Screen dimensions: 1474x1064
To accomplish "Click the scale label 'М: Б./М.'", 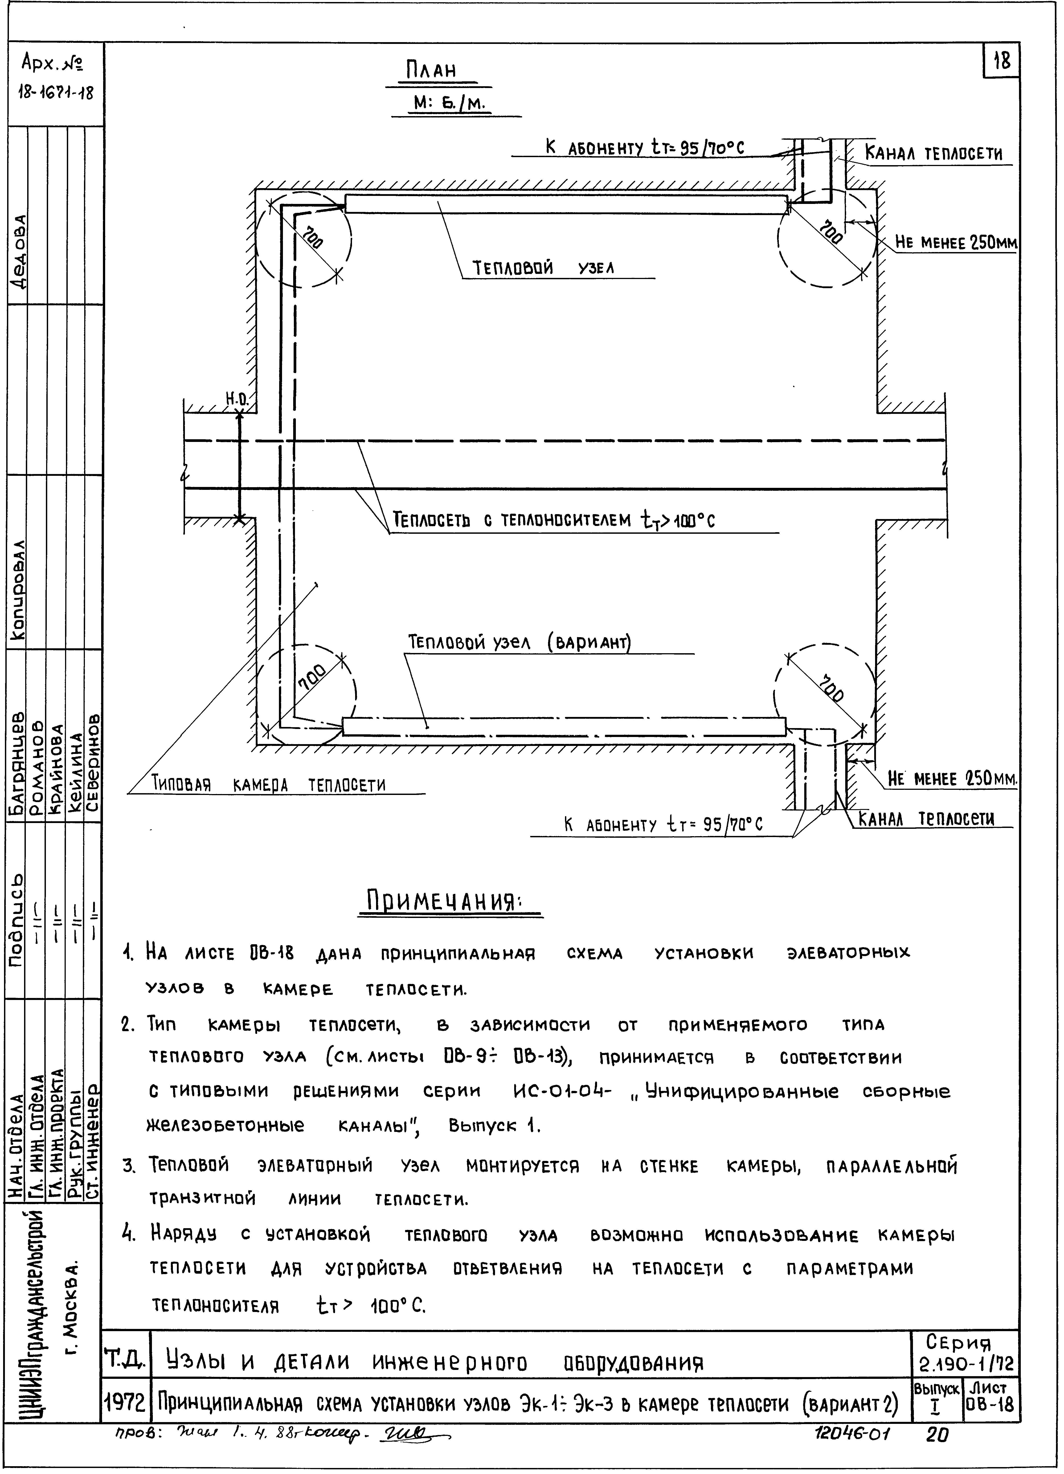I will (450, 104).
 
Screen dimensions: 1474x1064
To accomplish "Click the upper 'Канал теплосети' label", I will (933, 155).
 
